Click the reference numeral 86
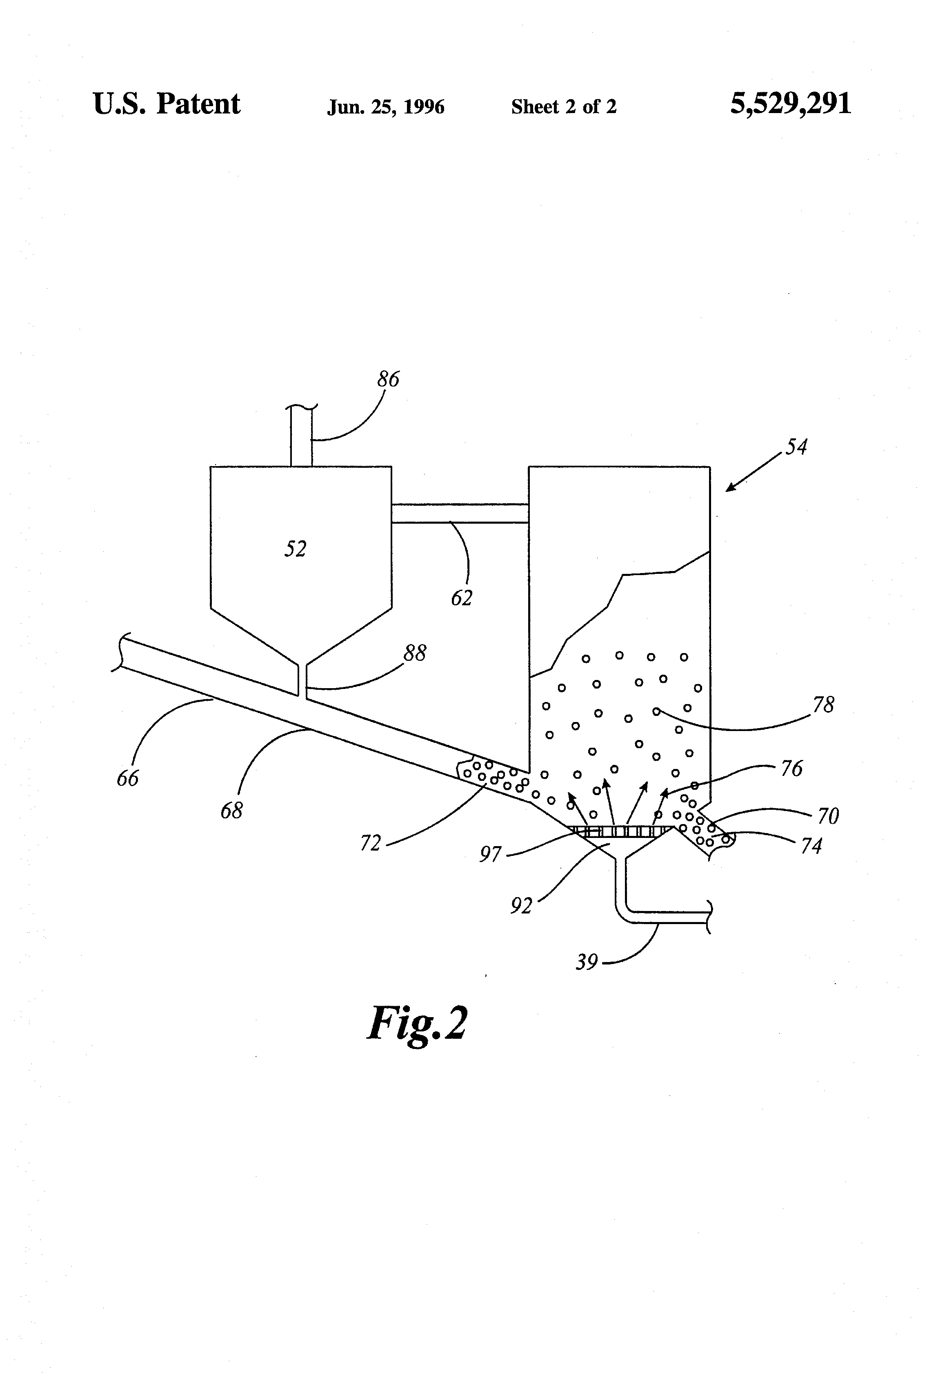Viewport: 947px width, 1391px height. pyautogui.click(x=388, y=380)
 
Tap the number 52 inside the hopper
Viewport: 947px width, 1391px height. pyautogui.click(x=295, y=549)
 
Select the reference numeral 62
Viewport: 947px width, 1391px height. pyautogui.click(x=462, y=598)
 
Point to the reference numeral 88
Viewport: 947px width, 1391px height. pyautogui.click(x=415, y=653)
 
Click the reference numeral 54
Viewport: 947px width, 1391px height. pyautogui.click(x=796, y=447)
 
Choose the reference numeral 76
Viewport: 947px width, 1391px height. pyautogui.click(x=792, y=769)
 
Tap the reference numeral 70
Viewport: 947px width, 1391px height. pyautogui.click(x=828, y=816)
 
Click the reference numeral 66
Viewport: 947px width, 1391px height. pyautogui.click(x=127, y=778)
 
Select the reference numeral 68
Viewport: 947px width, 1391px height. pyautogui.click(x=232, y=811)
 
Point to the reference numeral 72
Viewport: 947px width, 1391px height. pyautogui.click(x=371, y=843)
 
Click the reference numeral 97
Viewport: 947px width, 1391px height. pyautogui.click(x=490, y=854)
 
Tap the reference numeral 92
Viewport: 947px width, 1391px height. pyautogui.click(x=521, y=906)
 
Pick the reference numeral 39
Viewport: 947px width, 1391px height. pyautogui.click(x=587, y=962)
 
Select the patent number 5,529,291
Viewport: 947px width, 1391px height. pyautogui.click(x=790, y=104)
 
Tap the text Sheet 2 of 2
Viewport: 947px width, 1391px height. pyautogui.click(x=563, y=107)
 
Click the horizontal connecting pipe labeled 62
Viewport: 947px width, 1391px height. pyautogui.click(x=460, y=513)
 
